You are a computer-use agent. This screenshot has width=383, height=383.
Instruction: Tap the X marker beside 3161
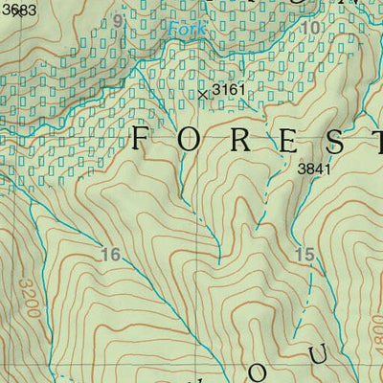pos(203,94)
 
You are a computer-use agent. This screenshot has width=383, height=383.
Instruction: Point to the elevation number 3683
pos(18,9)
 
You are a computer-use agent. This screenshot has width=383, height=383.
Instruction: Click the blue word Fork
pos(187,30)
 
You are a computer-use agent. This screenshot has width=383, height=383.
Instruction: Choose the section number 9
pos(118,21)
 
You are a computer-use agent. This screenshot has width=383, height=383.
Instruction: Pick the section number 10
pos(309,29)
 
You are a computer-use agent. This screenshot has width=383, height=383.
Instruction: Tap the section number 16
pos(110,255)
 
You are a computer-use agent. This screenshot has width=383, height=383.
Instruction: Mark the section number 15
pos(304,255)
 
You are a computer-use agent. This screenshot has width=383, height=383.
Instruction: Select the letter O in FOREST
pos(191,140)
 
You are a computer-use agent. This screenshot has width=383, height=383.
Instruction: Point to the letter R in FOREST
pos(239,140)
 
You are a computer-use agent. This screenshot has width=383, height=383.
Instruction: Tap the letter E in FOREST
pos(287,140)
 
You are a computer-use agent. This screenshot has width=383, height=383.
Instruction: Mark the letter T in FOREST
pos(376,140)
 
